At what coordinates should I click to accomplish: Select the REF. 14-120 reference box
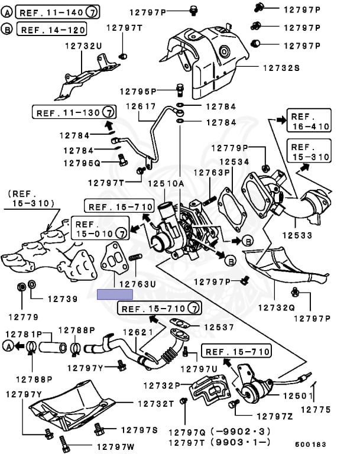pos(52,28)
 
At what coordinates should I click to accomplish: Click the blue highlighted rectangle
pos(115,294)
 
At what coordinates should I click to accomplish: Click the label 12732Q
pos(276,307)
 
